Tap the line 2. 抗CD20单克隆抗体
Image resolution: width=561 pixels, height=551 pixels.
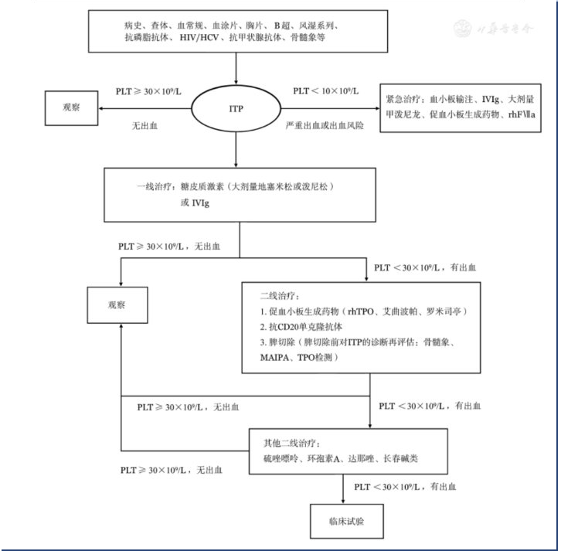(x=307, y=327)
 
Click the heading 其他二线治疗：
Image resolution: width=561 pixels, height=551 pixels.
(x=297, y=443)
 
